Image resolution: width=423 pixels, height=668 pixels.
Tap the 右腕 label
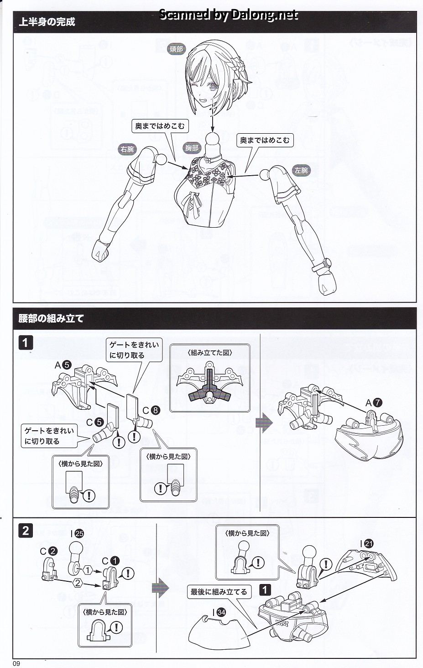[127, 149]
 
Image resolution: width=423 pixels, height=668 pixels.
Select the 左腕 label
[301, 170]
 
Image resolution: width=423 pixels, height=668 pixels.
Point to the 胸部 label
[192, 148]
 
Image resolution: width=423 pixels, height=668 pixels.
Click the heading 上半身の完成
[47, 22]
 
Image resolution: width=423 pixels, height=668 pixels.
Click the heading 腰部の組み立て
[51, 318]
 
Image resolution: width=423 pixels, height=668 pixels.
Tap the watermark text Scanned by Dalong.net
[228, 15]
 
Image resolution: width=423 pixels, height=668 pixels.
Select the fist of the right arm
[101, 250]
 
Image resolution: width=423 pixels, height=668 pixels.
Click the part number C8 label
[151, 410]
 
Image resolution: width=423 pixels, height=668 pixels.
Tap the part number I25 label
[77, 533]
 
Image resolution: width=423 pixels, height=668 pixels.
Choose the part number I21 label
[366, 543]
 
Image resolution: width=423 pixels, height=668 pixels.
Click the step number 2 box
[26, 531]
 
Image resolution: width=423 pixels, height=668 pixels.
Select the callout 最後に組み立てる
[219, 592]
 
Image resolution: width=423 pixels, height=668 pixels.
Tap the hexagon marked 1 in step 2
[87, 569]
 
